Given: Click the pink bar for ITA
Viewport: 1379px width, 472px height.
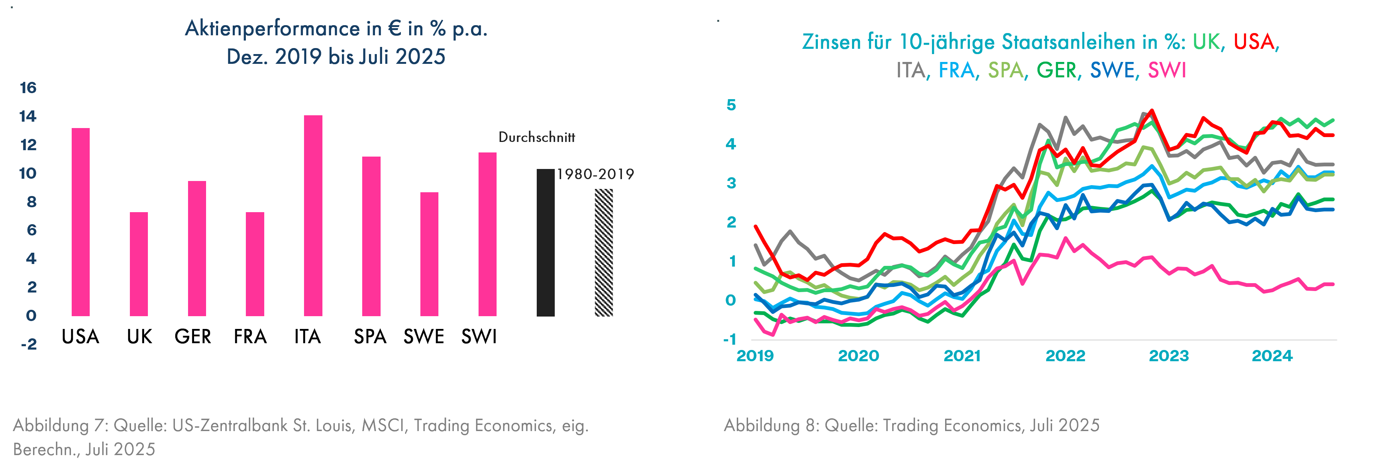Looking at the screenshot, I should (x=313, y=216).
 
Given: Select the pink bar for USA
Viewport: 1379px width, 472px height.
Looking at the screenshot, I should (x=81, y=222).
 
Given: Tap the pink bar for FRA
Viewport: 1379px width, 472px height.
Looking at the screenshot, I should (x=255, y=264).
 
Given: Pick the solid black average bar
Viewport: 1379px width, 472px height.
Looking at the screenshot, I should (x=545, y=242).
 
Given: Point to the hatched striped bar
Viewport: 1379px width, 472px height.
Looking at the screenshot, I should (x=604, y=252).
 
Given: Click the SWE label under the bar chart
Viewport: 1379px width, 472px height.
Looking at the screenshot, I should (x=423, y=336).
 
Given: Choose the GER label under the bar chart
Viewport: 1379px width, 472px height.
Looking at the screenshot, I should (x=193, y=336).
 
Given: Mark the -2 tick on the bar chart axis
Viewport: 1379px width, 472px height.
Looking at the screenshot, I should (x=29, y=344).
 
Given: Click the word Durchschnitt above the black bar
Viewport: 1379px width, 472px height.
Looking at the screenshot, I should (x=536, y=137).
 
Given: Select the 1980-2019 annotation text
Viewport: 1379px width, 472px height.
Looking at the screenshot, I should (x=595, y=174).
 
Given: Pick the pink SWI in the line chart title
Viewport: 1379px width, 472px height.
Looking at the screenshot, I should (x=1167, y=70).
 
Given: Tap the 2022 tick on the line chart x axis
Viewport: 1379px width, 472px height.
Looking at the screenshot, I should (x=1065, y=356).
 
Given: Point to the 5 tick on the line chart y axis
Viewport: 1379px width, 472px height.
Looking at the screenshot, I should (x=731, y=105).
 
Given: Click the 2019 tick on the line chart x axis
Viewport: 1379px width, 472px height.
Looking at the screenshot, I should (x=755, y=356).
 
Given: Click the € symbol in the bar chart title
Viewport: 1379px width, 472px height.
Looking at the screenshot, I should (x=394, y=29).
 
